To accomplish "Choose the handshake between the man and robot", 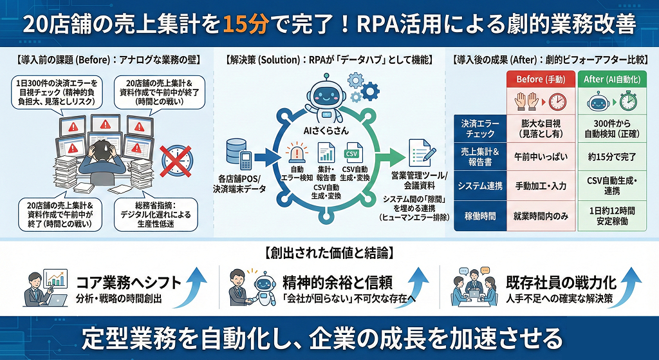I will coord(248,300).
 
